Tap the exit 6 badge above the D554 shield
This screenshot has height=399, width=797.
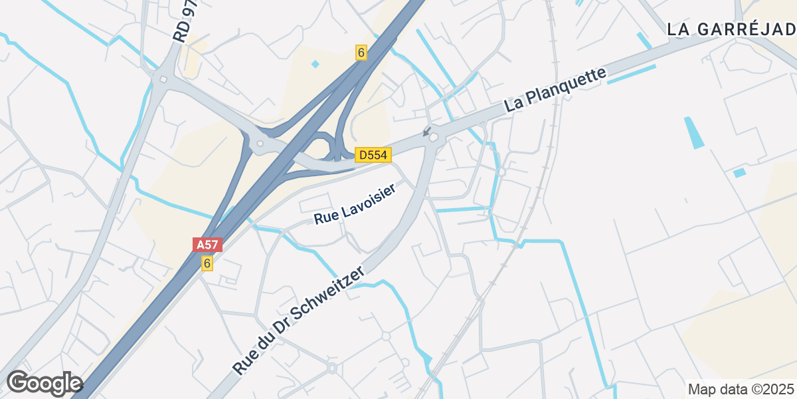(361, 53)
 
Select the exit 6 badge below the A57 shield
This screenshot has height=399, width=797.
(207, 263)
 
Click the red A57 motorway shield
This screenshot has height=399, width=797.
(207, 245)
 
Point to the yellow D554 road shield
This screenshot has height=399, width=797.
(373, 155)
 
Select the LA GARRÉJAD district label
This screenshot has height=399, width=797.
(731, 29)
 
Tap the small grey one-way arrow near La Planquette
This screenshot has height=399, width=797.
(426, 131)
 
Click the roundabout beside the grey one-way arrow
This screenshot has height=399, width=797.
(434, 138)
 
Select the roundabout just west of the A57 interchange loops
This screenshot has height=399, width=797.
(260, 144)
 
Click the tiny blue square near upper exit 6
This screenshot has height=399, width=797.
(315, 65)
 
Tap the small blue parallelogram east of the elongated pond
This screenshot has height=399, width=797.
(739, 173)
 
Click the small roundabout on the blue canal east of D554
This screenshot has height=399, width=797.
(501, 172)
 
